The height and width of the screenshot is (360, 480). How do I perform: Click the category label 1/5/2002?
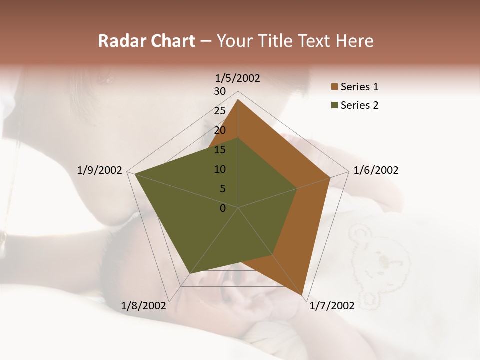coord(237,78)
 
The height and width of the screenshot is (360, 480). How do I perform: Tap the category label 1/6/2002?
coord(376,170)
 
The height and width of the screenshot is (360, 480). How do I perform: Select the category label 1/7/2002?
coord(332,306)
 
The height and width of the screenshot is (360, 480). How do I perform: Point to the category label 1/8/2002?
coord(144,306)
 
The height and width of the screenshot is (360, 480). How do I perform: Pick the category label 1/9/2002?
coord(100,170)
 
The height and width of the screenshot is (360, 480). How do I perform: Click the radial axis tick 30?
coord(220,91)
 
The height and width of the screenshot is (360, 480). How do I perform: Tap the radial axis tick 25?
coord(220,111)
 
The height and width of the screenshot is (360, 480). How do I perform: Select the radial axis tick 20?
coord(220,130)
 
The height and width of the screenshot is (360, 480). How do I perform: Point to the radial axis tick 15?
coord(220,150)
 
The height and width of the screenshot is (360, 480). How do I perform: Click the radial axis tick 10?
coord(220,169)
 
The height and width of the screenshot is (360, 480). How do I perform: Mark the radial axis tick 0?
coord(223,208)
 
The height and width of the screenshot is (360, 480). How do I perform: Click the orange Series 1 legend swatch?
coord(334,87)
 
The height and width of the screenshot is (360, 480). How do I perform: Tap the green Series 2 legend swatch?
coord(334,105)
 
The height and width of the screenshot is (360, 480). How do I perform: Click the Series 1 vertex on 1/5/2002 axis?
coord(238,99)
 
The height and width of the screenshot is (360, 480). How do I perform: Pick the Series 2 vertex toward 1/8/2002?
coord(190,273)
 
